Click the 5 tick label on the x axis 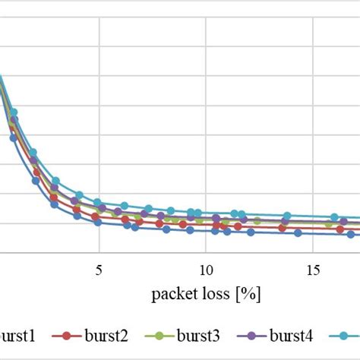(99, 270)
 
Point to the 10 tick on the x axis (206, 270)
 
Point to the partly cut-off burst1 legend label (18, 335)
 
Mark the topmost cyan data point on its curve (13, 112)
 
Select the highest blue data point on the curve (13, 137)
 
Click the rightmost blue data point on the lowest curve (352, 235)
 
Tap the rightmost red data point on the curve (345, 229)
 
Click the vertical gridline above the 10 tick (206, 114)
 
